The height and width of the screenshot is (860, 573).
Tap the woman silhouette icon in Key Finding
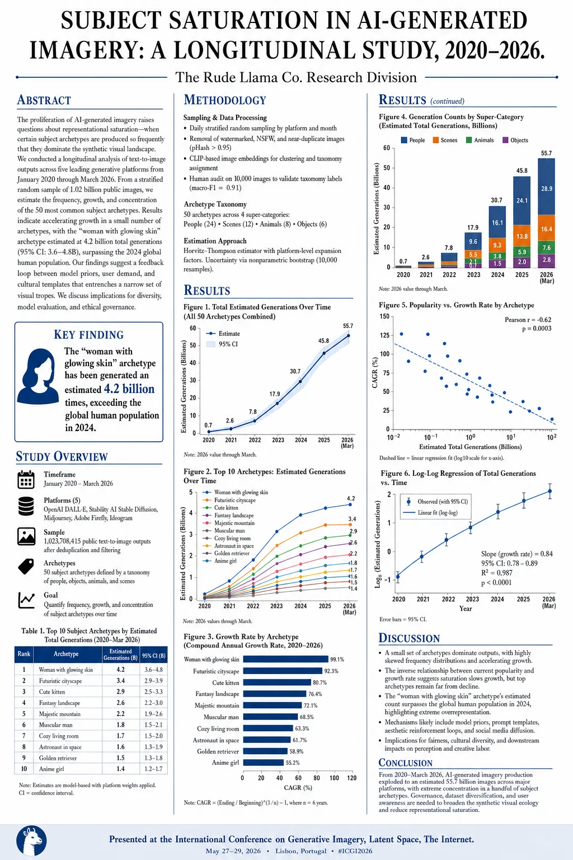pos(38,376)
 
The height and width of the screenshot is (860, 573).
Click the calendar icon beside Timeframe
pos(26,479)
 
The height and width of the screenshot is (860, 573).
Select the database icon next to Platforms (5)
pos(26,506)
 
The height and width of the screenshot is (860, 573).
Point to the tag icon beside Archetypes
pos(26,567)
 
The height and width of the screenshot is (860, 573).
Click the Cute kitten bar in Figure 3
pos(277,683)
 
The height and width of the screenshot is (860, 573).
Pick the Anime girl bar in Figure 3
pos(264,763)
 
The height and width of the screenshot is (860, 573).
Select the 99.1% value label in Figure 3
pos(337,660)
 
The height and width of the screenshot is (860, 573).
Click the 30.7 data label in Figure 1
pos(295,371)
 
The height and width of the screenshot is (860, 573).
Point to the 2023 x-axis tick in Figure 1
pos(278,440)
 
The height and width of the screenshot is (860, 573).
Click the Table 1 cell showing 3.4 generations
pos(120,681)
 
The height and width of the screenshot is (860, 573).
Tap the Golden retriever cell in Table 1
pos(58,758)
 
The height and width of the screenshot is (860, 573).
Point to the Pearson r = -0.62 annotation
pos(528,320)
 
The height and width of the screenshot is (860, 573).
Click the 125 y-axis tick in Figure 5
pos(384,335)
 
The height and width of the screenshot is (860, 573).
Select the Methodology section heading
pos(225,100)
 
